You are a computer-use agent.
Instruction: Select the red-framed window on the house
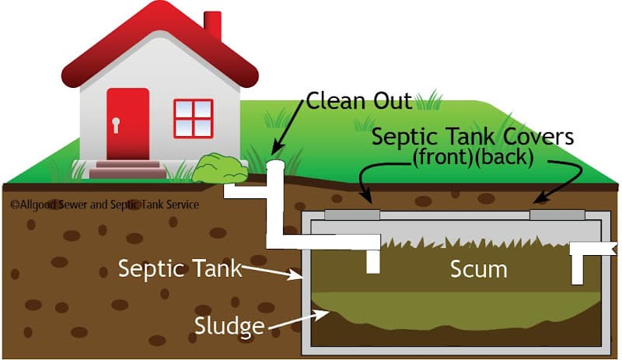point(193,119)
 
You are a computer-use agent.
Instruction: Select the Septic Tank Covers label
point(473,138)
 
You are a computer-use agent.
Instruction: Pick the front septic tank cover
point(352,212)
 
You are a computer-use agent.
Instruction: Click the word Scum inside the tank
point(479,269)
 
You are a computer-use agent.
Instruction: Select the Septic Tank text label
point(180,269)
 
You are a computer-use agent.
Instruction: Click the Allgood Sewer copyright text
point(105,204)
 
